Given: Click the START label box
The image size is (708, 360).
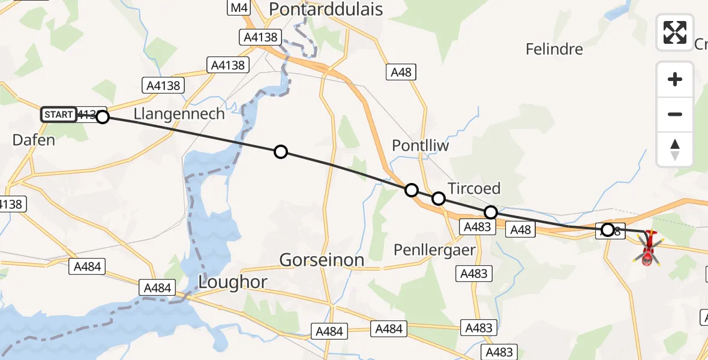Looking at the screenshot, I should [59, 115].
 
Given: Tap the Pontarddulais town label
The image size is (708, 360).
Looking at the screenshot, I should [326, 8].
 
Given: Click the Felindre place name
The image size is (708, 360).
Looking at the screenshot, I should [554, 49].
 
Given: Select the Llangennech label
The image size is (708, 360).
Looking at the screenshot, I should [179, 113].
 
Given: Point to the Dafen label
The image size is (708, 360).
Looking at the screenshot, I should [34, 140].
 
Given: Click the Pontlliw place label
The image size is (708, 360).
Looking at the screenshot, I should [420, 146].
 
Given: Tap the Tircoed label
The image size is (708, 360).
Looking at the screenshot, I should [474, 188].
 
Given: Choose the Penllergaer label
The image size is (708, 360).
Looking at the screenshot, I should [435, 249].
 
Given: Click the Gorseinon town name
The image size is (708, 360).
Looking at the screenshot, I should [322, 260].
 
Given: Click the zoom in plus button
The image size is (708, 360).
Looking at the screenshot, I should [675, 79].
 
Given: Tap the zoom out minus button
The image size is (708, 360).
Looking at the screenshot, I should [675, 114].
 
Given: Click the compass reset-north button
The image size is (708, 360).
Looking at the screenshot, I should [675, 149].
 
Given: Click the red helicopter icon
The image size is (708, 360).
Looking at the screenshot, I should [648, 249].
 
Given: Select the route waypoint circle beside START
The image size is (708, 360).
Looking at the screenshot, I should [103, 117].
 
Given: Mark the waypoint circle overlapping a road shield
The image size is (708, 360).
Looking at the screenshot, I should [607, 230].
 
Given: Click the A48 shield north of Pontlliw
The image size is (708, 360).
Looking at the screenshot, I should [401, 73].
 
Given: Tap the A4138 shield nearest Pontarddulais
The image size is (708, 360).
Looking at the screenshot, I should [261, 37].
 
